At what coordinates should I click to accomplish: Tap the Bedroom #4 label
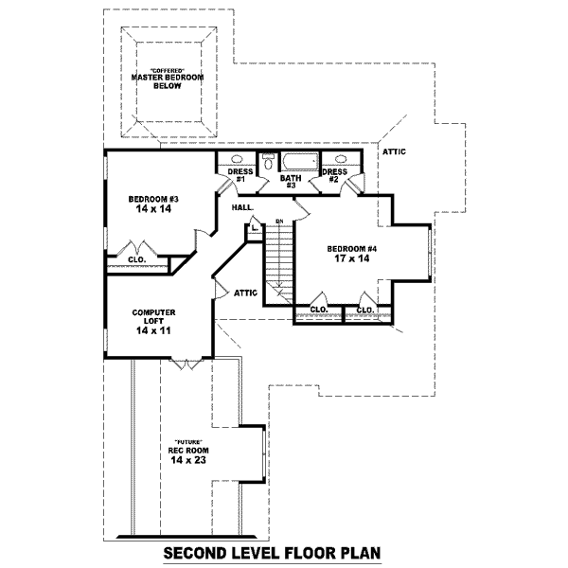[x=352, y=249]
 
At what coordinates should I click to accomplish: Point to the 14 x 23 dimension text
[x=187, y=460]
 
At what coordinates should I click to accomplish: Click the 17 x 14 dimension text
[x=352, y=259]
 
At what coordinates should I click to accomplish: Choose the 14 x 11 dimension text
[x=152, y=332]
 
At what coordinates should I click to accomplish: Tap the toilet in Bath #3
[x=268, y=163]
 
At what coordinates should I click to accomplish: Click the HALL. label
[x=240, y=205]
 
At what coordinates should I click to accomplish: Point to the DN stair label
[x=279, y=222]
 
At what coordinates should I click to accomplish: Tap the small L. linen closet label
[x=255, y=227]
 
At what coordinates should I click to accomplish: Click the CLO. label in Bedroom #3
[x=136, y=258]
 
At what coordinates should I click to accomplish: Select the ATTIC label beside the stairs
[x=246, y=293]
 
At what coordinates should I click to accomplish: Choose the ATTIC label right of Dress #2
[x=394, y=151]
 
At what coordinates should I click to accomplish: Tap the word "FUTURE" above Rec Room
[x=187, y=441]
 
